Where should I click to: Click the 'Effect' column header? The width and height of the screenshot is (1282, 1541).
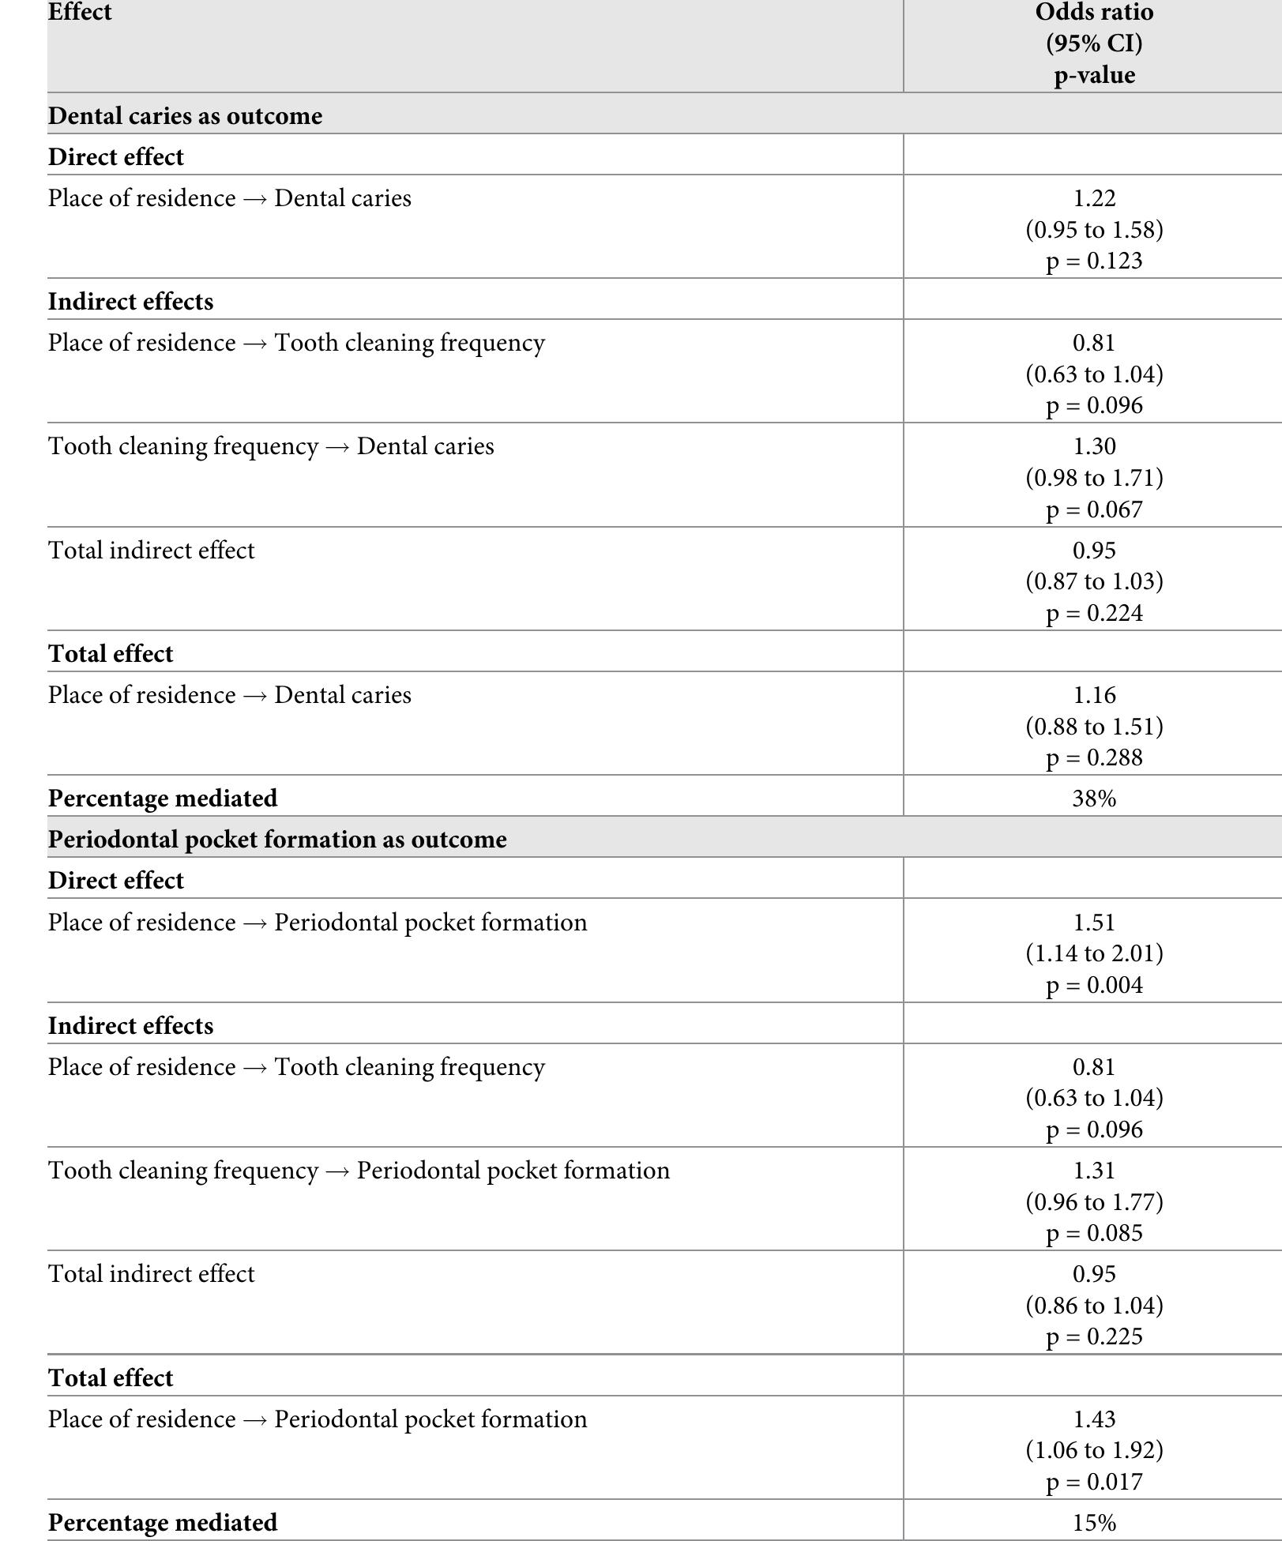click(x=80, y=13)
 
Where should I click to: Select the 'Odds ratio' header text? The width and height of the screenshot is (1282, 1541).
click(x=1094, y=13)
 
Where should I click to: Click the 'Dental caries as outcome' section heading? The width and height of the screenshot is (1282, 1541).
click(x=186, y=116)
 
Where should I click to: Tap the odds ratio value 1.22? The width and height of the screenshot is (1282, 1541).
click(x=1094, y=198)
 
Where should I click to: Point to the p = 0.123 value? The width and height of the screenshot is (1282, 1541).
click(x=1094, y=261)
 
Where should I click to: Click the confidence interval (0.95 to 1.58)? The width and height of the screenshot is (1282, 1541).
click(x=1094, y=230)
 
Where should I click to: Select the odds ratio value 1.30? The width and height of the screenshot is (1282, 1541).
click(x=1094, y=446)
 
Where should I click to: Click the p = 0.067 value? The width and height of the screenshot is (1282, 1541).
click(x=1094, y=509)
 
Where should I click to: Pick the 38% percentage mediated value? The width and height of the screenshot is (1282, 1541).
click(x=1094, y=799)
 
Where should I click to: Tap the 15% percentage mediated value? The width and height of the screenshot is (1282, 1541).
click(x=1094, y=1522)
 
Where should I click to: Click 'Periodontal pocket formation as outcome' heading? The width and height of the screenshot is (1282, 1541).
click(x=277, y=839)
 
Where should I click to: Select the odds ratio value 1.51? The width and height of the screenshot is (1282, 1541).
click(x=1094, y=923)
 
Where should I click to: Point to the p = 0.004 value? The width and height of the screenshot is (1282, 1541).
click(x=1094, y=985)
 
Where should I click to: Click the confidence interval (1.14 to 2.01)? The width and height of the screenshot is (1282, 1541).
click(x=1094, y=953)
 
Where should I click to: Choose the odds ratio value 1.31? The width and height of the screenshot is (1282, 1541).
click(x=1094, y=1171)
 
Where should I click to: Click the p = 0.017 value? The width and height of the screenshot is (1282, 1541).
click(x=1094, y=1481)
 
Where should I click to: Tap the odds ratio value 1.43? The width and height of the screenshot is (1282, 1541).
click(x=1094, y=1419)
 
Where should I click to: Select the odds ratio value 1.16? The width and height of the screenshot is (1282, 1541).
click(x=1094, y=695)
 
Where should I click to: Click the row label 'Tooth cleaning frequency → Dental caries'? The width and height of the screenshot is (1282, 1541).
click(x=271, y=446)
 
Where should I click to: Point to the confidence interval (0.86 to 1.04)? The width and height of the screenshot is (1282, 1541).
click(x=1094, y=1305)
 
